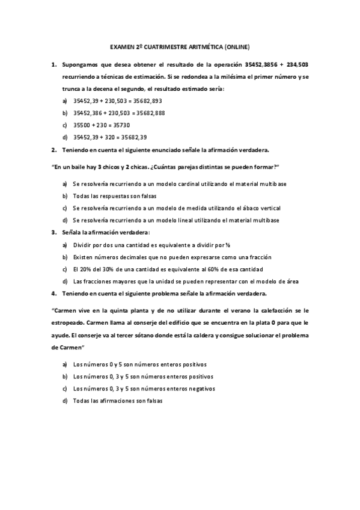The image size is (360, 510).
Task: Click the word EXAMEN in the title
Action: coord(123,46)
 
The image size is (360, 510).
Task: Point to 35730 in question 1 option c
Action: coord(121,125)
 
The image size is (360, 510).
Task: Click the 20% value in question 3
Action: coord(85,269)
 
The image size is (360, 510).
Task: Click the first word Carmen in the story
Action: coord(64,311)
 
